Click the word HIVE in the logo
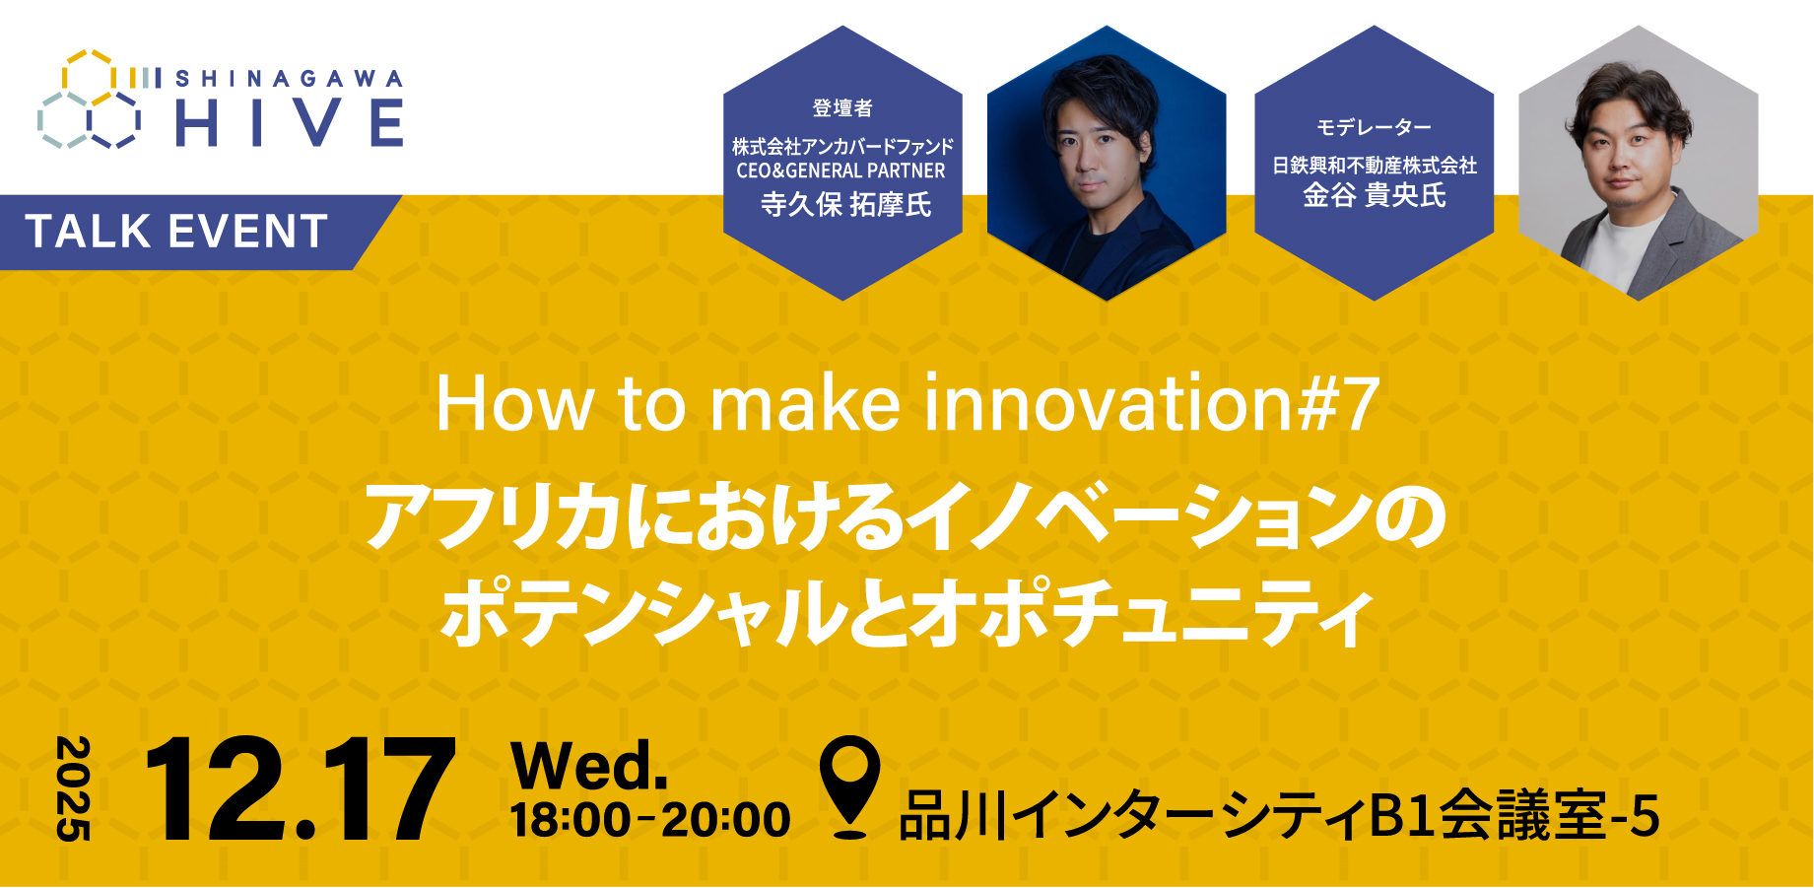(x=289, y=124)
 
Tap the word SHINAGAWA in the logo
(x=289, y=79)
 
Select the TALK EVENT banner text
(x=176, y=233)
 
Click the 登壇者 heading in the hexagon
(x=842, y=108)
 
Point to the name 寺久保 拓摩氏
(x=844, y=204)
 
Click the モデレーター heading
(x=1374, y=128)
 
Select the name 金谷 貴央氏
(x=1374, y=195)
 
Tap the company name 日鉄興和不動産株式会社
(x=1374, y=166)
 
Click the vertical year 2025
(x=73, y=788)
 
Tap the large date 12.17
(x=300, y=790)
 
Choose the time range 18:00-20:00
(x=650, y=820)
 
